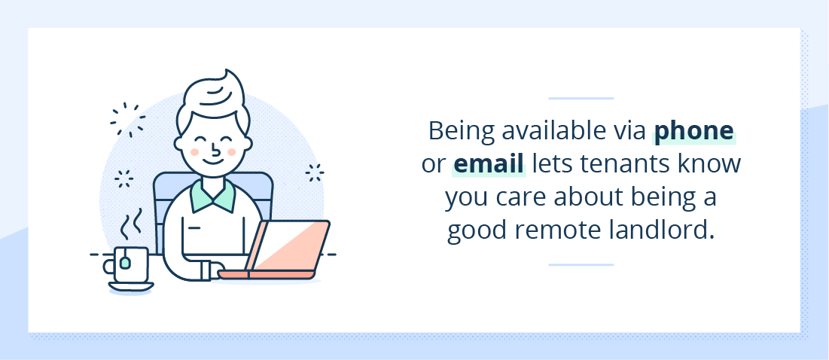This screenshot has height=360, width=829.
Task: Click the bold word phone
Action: click(694, 132)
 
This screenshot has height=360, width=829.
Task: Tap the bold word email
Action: click(489, 163)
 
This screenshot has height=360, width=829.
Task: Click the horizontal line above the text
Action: click(581, 99)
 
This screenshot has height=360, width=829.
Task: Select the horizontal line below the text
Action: click(581, 265)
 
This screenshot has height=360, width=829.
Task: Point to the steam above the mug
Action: click(132, 224)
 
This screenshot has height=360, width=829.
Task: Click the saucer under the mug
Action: click(131, 287)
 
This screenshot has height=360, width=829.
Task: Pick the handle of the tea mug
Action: click(109, 265)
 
